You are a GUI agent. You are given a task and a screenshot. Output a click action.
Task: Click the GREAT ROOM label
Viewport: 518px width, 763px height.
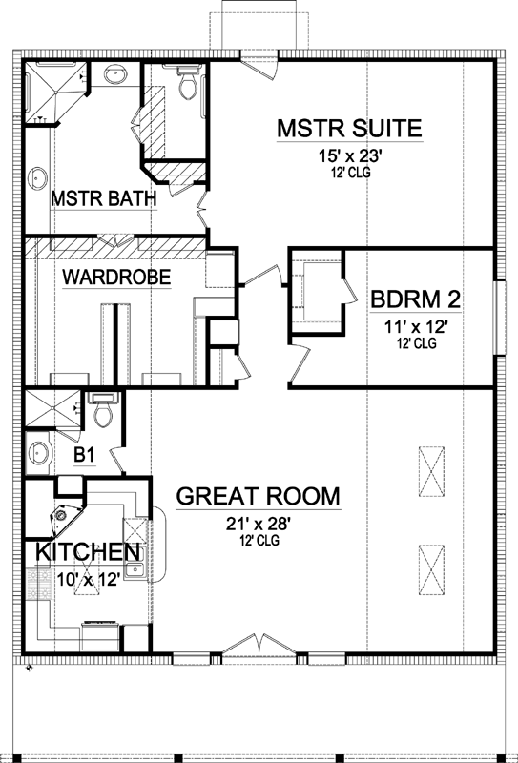(x=259, y=496)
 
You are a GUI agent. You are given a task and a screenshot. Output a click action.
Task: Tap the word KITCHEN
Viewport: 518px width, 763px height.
(x=90, y=553)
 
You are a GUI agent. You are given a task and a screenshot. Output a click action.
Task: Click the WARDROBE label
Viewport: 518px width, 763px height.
(x=116, y=278)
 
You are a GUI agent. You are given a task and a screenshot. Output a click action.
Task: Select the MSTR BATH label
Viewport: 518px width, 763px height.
(x=104, y=200)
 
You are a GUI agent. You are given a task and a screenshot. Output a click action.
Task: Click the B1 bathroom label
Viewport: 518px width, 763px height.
(x=84, y=455)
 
